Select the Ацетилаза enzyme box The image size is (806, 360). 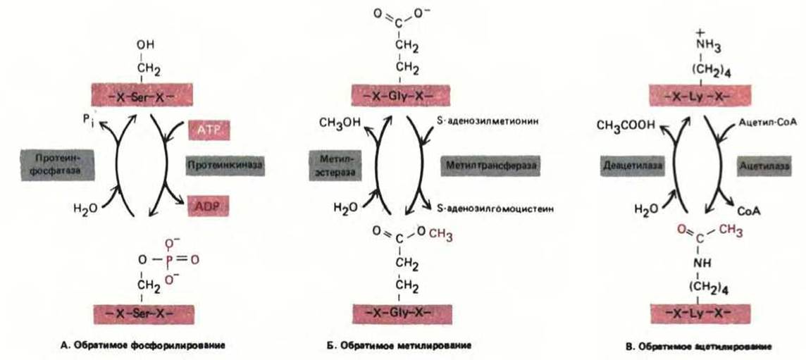coord(757,167)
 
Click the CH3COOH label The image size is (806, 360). coord(625,125)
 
